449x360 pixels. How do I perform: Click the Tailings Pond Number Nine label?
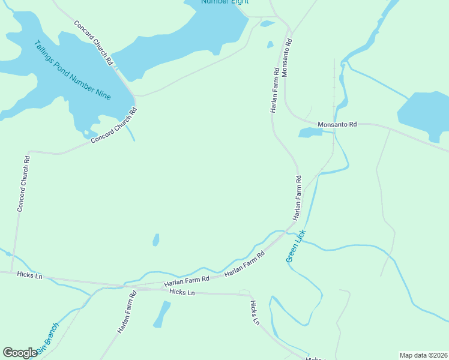(x=72, y=70)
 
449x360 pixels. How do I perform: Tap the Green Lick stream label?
(x=296, y=246)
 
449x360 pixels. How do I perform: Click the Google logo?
(x=20, y=353)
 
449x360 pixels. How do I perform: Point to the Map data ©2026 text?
(x=424, y=355)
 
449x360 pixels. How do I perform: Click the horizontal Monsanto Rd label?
(x=337, y=124)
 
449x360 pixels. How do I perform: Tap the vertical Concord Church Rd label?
(x=23, y=184)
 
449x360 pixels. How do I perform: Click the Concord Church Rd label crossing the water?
(x=93, y=43)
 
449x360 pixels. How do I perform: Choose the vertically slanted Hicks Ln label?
(x=255, y=313)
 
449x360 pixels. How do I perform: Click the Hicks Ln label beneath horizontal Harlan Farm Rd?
(x=182, y=292)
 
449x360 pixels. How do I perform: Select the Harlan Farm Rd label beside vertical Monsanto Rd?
(x=274, y=90)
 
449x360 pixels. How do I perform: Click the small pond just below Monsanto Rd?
(x=310, y=133)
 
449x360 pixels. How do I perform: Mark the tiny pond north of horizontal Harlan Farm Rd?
(x=156, y=240)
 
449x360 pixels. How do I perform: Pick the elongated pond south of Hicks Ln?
(x=161, y=314)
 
